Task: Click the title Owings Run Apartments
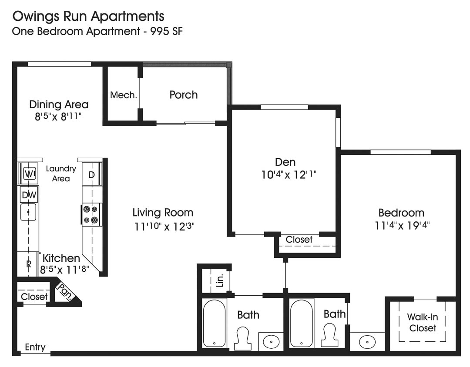[88, 17]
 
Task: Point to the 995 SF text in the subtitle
[161, 31]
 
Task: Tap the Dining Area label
[59, 104]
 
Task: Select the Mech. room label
[123, 95]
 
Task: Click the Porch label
[183, 95]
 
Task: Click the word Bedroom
[401, 213]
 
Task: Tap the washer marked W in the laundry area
[29, 174]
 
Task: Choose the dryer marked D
[92, 175]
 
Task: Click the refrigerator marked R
[28, 264]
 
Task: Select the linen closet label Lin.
[220, 281]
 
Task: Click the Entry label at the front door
[35, 347]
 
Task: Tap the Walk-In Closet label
[422, 323]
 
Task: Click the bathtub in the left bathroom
[214, 323]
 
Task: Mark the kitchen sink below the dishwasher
[28, 212]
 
